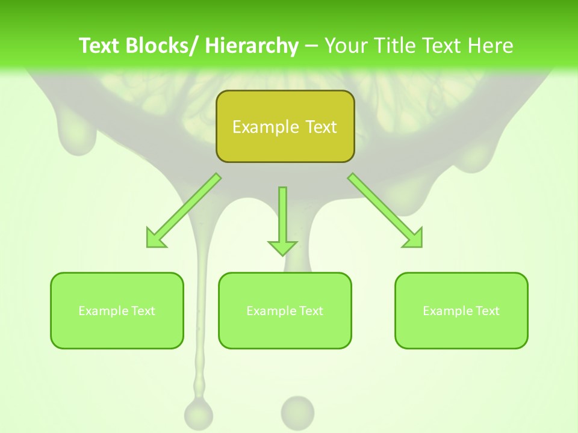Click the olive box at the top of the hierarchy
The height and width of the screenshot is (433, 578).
tap(285, 126)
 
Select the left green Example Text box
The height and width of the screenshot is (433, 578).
tap(117, 310)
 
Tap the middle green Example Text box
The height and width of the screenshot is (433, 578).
tap(285, 310)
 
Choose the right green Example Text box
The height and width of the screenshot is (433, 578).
tap(461, 310)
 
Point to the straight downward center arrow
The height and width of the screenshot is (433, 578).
tap(282, 220)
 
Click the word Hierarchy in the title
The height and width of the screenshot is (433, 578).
tap(252, 46)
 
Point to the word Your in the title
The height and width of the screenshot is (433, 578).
tap(346, 46)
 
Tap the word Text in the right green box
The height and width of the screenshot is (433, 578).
tap(487, 311)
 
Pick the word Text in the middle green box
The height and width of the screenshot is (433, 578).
tap(311, 311)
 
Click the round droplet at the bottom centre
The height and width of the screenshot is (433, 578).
tap(297, 412)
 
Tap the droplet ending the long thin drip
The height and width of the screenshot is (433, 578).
tap(198, 414)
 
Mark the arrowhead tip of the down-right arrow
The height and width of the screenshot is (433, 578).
tap(420, 245)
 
